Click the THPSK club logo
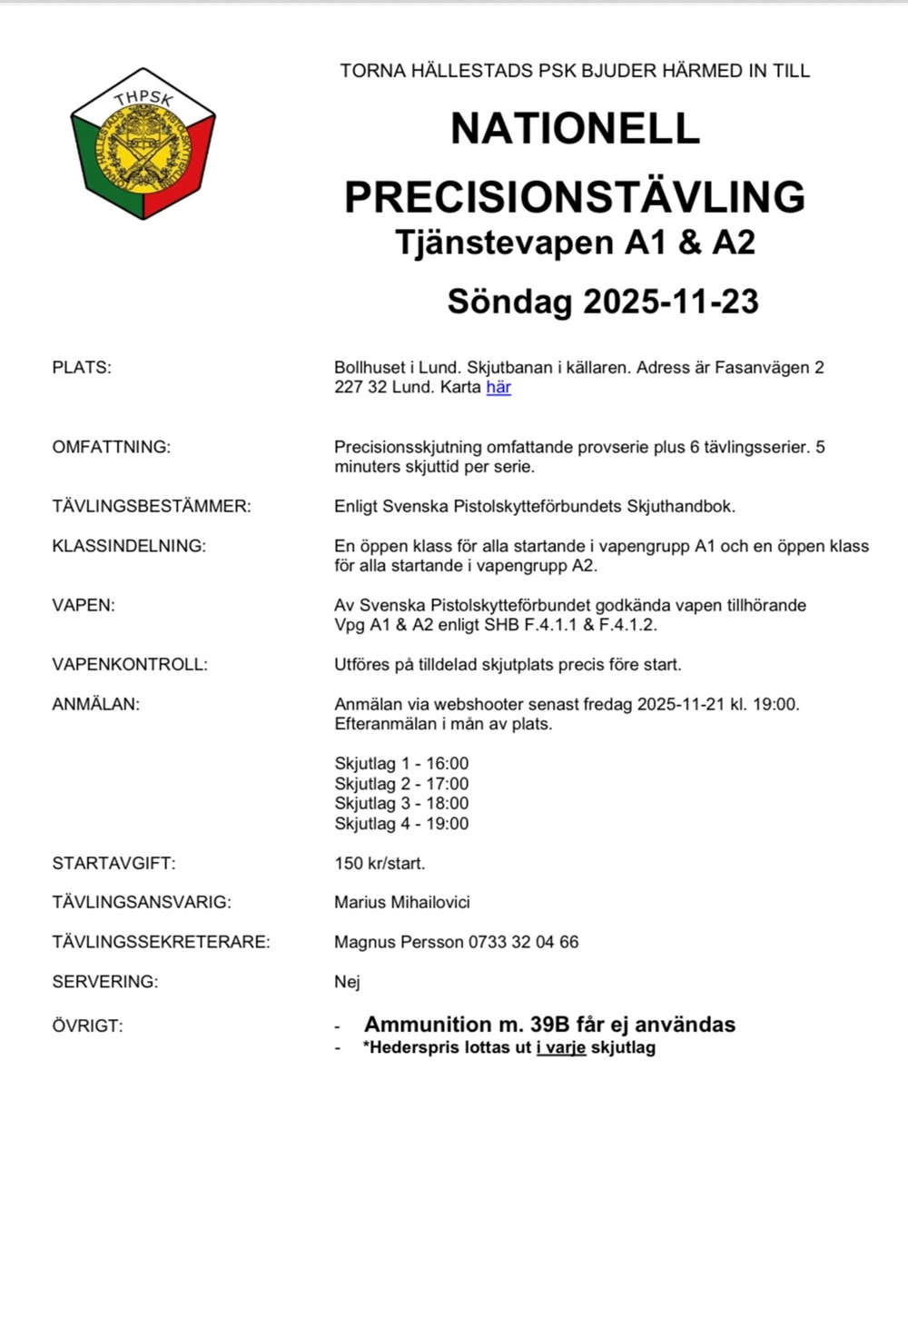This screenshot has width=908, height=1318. tap(143, 144)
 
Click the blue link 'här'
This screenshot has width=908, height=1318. tap(498, 388)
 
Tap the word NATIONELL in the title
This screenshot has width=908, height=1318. tap(575, 129)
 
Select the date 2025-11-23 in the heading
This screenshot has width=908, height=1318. tap(670, 302)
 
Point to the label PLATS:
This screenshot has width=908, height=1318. tap(82, 368)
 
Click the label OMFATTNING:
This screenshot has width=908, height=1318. tap(111, 447)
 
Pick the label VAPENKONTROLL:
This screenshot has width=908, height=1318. tap(130, 664)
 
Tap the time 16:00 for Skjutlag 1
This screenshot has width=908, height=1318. tap(448, 764)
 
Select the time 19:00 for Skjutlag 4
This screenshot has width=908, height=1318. tap(448, 824)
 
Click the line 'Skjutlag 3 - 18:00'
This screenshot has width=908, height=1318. tap(401, 804)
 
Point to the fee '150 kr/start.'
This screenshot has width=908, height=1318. tap(380, 863)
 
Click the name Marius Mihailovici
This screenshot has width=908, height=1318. tap(402, 903)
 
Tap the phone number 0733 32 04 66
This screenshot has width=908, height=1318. tap(523, 942)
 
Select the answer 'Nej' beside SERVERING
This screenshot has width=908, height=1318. tap(347, 982)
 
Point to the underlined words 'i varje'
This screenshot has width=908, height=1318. tap(561, 1047)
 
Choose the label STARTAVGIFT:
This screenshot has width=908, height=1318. tap(113, 863)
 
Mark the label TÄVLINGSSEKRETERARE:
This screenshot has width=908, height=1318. tap(161, 942)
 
